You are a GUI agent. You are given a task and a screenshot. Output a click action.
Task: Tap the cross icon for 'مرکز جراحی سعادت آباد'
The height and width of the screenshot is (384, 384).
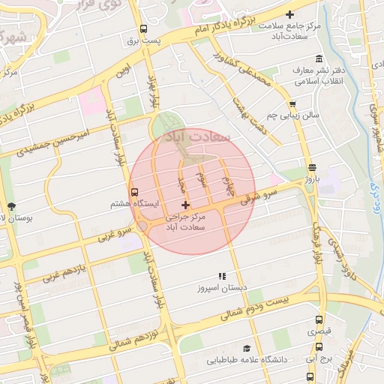coord(186,205)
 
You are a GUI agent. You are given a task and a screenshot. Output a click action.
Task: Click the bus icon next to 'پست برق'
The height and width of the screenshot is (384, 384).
coord(143,30)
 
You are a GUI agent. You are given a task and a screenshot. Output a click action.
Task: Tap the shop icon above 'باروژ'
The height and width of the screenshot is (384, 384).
coord(311,167)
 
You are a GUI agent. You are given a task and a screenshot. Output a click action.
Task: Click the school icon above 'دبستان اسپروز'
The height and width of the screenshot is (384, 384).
coord(220,276)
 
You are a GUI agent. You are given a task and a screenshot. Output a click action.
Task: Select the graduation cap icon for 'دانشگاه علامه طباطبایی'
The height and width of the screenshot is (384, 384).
coord(246,349)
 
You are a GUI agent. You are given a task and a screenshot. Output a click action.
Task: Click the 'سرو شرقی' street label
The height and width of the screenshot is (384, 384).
coord(259,197)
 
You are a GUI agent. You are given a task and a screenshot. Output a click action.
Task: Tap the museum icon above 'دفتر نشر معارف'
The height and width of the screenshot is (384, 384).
coord(319,59)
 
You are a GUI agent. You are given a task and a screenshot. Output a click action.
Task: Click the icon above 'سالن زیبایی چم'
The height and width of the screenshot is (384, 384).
coord(292,105)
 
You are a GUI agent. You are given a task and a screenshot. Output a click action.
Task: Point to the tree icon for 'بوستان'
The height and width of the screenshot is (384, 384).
coord(10,205)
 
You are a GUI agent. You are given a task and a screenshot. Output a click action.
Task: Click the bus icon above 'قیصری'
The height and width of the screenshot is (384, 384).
coord(319,318)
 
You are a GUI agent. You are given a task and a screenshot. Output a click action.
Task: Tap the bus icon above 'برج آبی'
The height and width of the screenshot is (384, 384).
coord(319,347)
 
